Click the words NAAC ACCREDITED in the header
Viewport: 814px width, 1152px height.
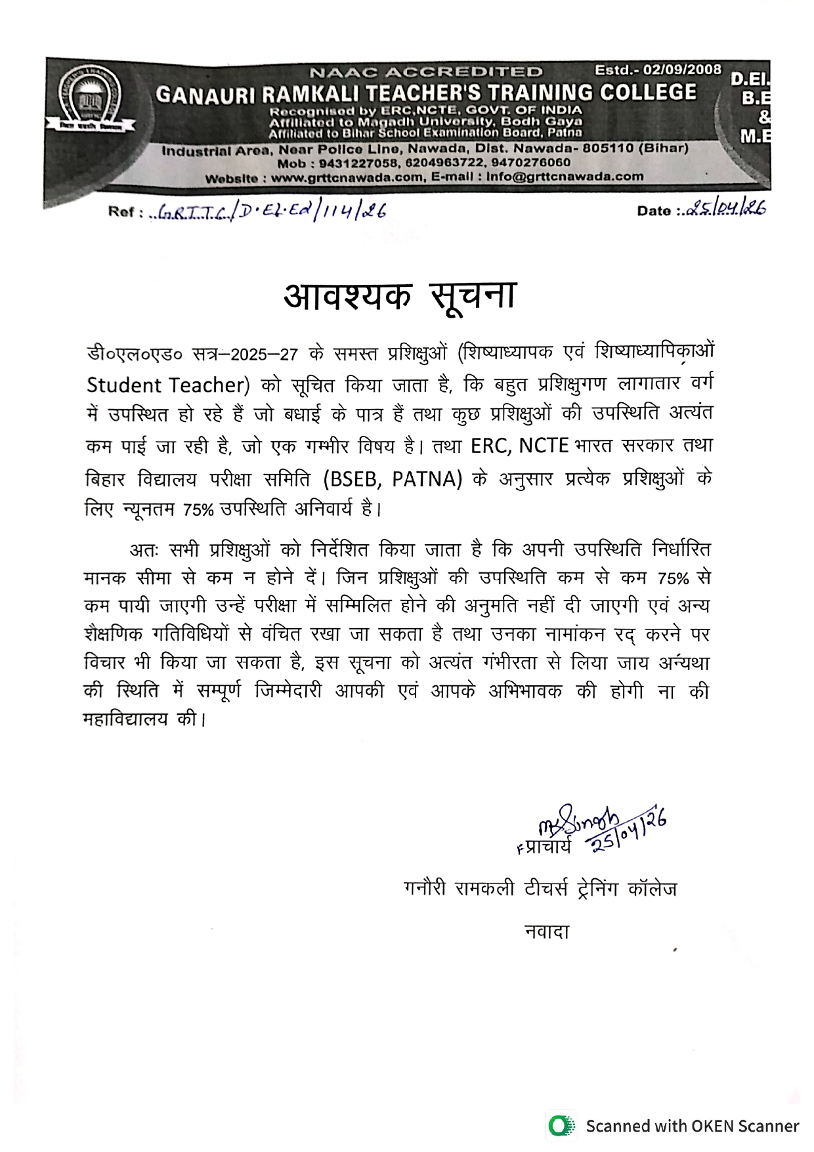[426, 72]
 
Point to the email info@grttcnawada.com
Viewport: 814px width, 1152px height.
[565, 177]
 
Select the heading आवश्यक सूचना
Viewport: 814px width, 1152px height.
[400, 296]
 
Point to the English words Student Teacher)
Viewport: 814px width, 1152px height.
[168, 385]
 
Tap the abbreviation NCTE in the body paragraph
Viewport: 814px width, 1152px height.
[543, 446]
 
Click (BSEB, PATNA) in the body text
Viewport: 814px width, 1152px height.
[393, 479]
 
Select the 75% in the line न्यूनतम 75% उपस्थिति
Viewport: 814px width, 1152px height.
[198, 510]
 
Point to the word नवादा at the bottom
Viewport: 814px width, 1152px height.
[546, 931]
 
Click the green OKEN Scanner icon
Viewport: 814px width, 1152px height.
[561, 1126]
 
